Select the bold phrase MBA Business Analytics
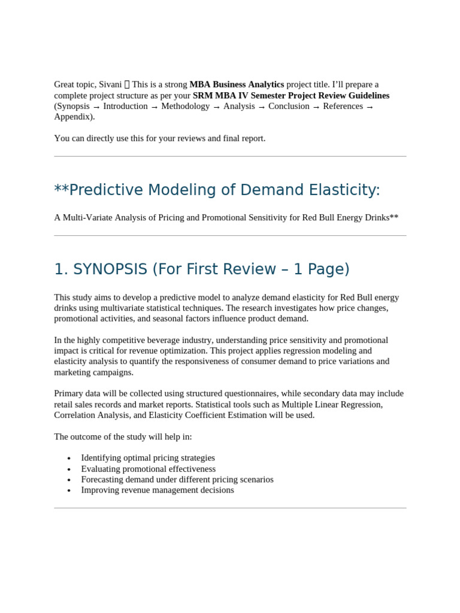pyautogui.click(x=237, y=84)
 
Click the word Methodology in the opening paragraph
pyautogui.click(x=185, y=106)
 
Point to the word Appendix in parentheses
pyautogui.click(x=73, y=117)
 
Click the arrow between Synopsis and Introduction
pyautogui.click(x=96, y=107)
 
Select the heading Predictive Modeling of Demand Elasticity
pyautogui.click(x=224, y=190)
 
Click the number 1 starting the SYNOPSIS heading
pyautogui.click(x=59, y=269)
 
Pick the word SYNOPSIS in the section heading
pyautogui.click(x=110, y=269)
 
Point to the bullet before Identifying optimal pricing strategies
pyautogui.click(x=69, y=459)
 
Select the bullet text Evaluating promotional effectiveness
pyautogui.click(x=148, y=469)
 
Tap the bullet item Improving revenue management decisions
pyautogui.click(x=158, y=490)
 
